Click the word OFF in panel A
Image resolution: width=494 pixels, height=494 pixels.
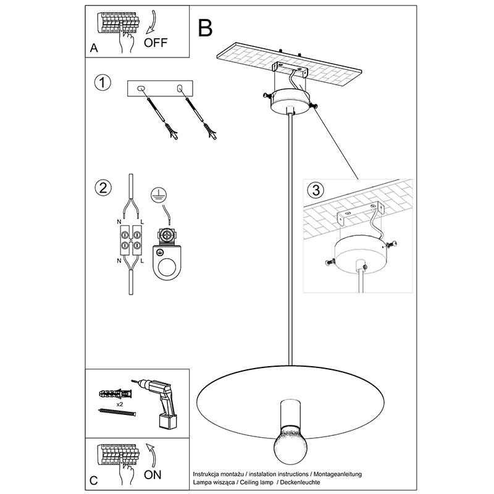[155, 43]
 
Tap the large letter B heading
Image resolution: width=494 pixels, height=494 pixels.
[205, 28]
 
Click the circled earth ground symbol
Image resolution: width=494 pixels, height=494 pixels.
[159, 195]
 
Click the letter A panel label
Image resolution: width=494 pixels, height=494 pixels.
[94, 48]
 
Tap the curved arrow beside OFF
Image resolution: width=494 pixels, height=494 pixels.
[151, 23]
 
